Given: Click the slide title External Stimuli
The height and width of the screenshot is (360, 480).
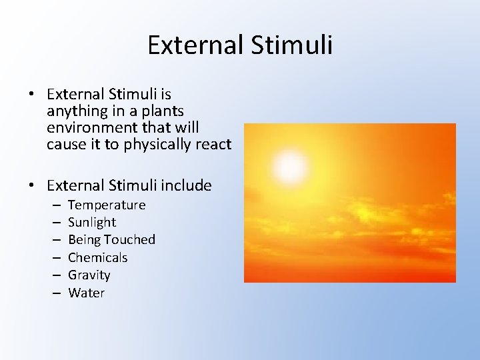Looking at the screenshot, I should (x=239, y=45).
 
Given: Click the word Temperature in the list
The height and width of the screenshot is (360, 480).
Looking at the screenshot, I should (x=107, y=205).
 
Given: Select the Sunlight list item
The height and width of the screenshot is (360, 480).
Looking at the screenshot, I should (x=92, y=222).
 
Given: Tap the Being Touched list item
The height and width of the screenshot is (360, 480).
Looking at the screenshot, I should (x=111, y=239).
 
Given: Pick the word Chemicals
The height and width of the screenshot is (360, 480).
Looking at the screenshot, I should (x=97, y=257).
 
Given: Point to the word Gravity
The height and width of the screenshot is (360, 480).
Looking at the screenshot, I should (x=89, y=275).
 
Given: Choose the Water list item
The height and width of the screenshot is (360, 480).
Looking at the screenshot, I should (x=86, y=293).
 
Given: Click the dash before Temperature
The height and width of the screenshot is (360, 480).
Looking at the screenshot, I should (x=54, y=205).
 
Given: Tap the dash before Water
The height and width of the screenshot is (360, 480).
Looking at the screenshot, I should (x=54, y=293).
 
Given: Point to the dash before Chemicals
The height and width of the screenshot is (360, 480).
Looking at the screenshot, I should (x=54, y=257).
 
